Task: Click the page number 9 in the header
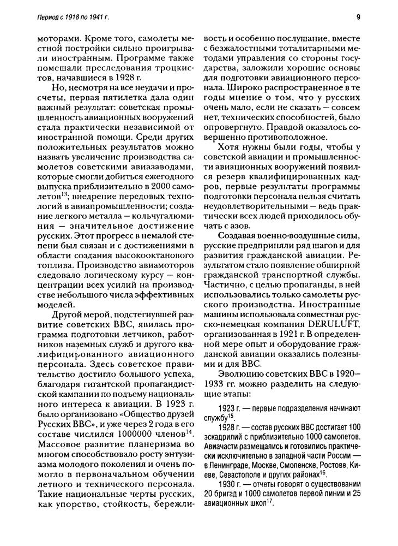point(358,17)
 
